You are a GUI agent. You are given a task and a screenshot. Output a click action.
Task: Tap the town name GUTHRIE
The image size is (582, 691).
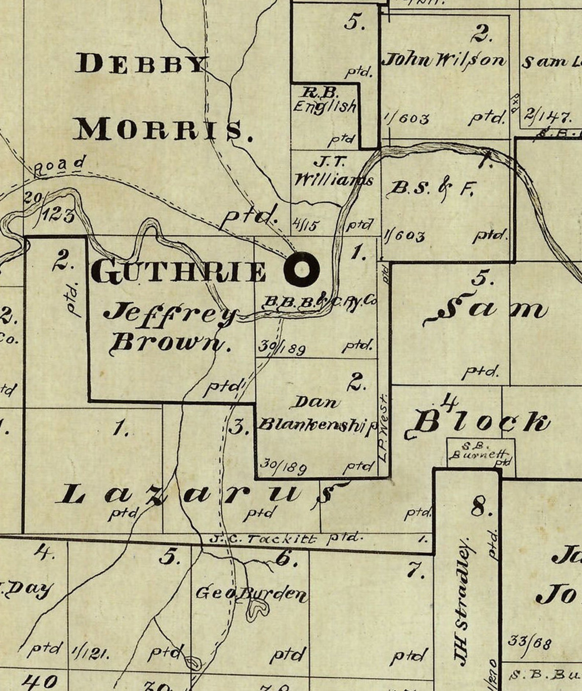(178, 271)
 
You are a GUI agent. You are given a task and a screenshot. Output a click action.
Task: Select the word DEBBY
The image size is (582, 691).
(140, 64)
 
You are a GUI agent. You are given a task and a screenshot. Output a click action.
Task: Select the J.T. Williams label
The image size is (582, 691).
(334, 172)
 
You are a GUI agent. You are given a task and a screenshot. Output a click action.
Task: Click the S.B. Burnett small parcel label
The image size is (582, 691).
(480, 451)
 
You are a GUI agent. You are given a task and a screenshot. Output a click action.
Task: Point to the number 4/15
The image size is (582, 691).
(305, 224)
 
